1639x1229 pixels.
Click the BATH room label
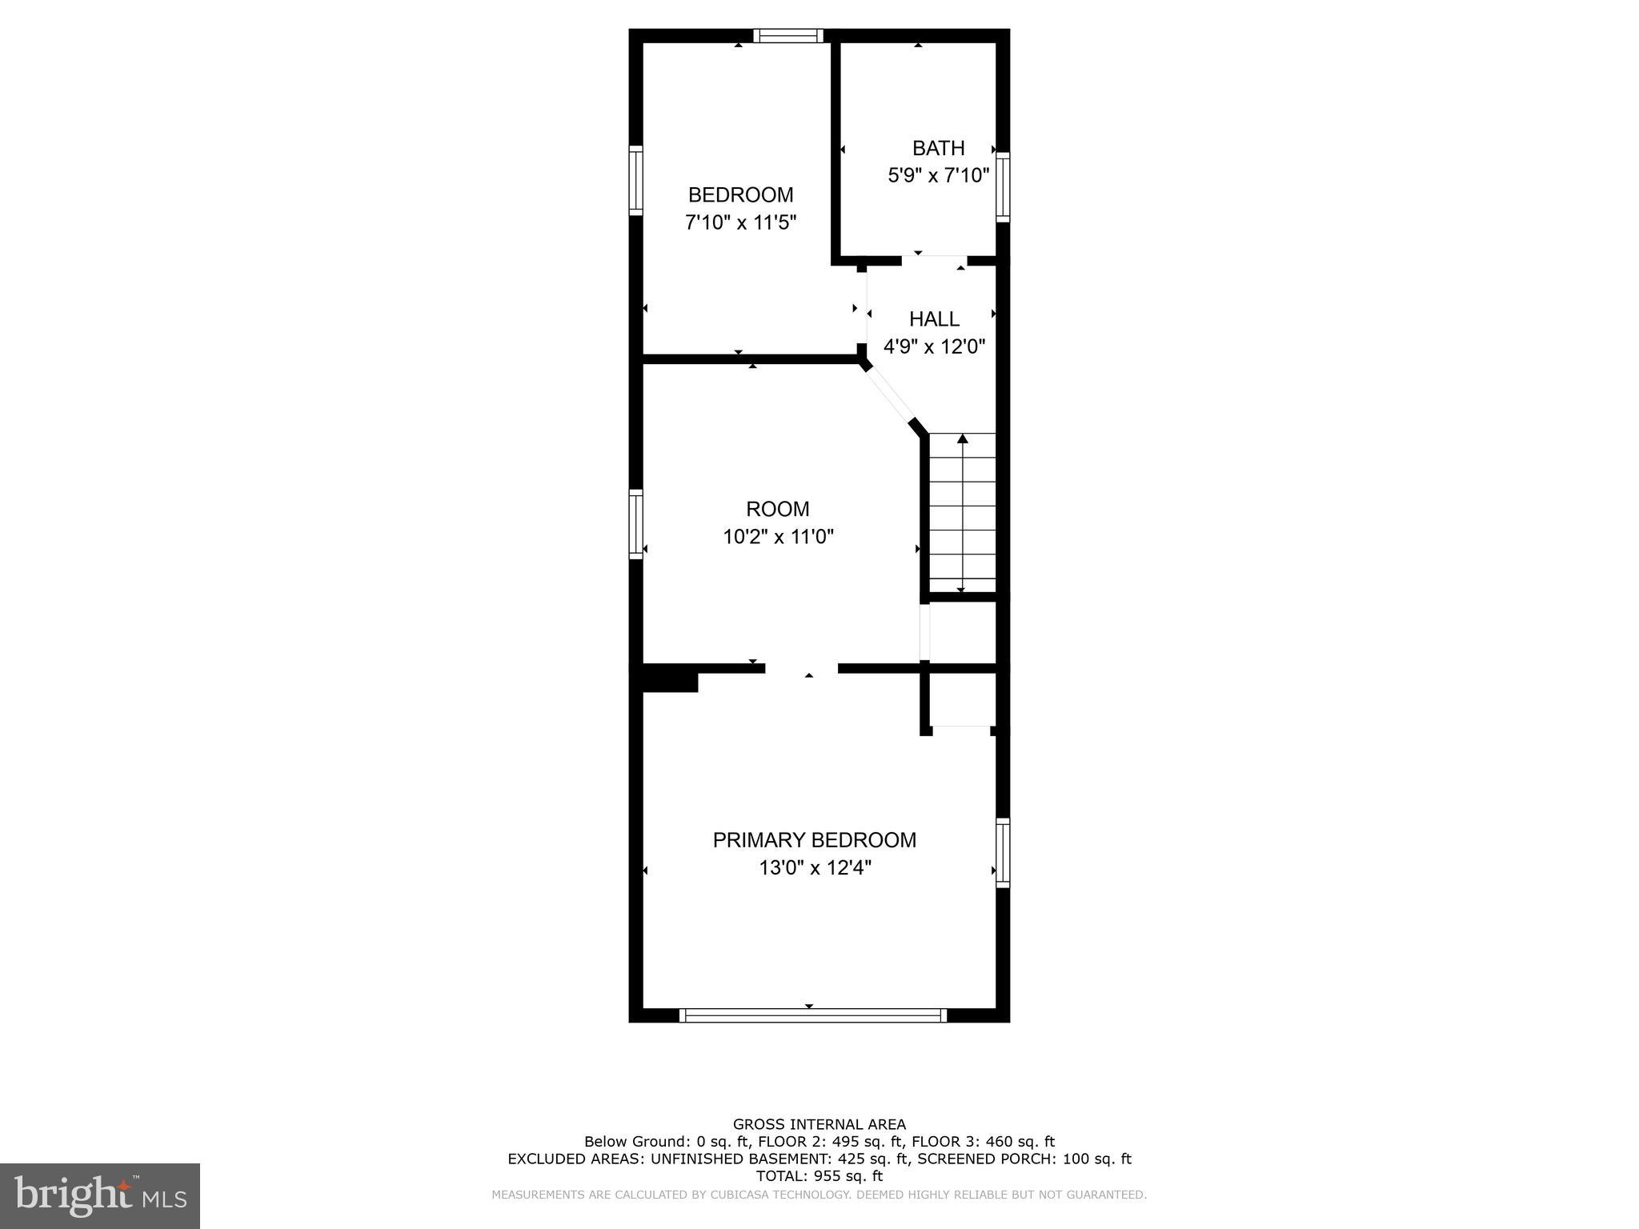[x=938, y=148]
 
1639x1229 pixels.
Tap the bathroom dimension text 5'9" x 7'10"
[x=938, y=175]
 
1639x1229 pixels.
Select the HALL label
[x=934, y=319]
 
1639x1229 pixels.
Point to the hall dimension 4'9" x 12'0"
[x=934, y=346]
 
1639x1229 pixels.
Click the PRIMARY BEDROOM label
[x=814, y=840]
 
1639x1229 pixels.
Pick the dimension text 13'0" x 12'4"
[x=814, y=867]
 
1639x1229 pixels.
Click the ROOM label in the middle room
[x=777, y=509]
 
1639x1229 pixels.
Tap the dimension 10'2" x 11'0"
[x=778, y=536]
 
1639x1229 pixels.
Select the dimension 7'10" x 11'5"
[x=740, y=222]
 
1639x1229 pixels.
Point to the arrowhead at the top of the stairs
[x=963, y=438]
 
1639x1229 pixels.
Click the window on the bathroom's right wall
[x=1003, y=186]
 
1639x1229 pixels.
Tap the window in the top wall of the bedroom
[x=788, y=35]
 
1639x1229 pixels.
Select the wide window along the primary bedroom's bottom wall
[x=812, y=1015]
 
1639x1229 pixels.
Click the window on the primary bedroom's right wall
[x=1003, y=852]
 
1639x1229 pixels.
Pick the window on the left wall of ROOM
[x=635, y=524]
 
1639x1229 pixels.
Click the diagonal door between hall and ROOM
[x=888, y=394]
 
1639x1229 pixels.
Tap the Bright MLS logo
[x=99, y=1195]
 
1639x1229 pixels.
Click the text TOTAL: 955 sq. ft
[x=819, y=1176]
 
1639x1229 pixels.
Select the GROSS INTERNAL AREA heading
[x=819, y=1124]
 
